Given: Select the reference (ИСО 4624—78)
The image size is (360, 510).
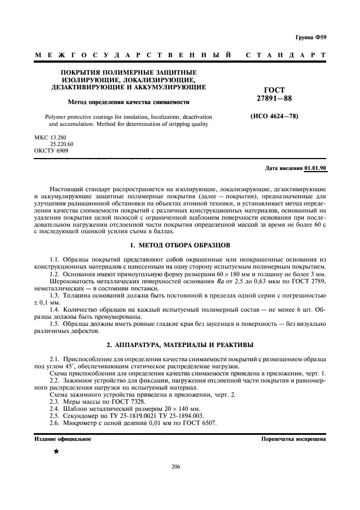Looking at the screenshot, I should (x=274, y=117).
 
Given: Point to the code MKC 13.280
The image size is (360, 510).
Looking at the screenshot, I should (x=49, y=137).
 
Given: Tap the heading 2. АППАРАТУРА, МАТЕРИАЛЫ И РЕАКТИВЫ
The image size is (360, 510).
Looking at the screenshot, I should (x=180, y=345).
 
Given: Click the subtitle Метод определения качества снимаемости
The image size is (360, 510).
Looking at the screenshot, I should (x=128, y=102).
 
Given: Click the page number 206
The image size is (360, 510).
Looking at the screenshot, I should (x=175, y=466).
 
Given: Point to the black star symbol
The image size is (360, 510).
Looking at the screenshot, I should (x=56, y=452).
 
